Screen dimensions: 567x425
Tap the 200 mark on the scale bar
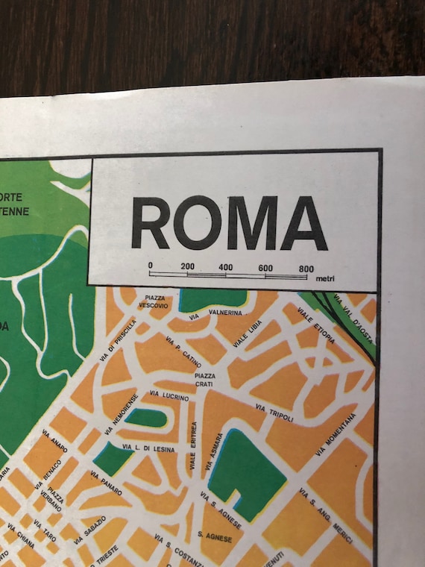[188, 266]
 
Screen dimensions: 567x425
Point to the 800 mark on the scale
[306, 268]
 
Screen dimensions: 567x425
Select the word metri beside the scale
[325, 280]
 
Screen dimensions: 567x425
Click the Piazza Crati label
[204, 379]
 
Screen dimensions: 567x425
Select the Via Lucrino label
[169, 395]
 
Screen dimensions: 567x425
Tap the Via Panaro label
[106, 483]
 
